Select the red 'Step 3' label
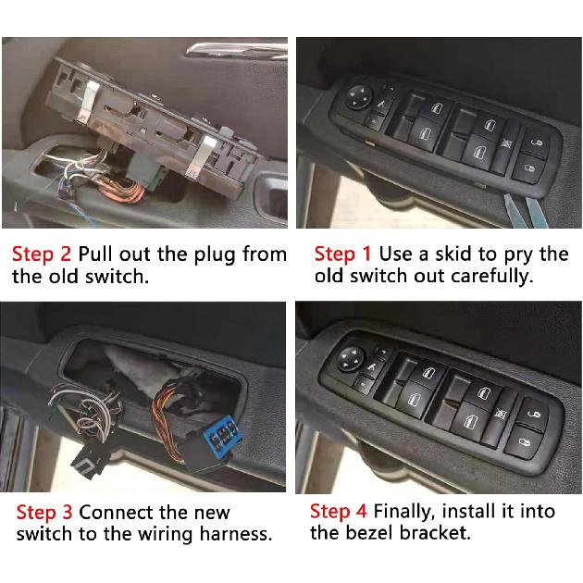click(45, 512)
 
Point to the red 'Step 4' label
click(340, 511)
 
